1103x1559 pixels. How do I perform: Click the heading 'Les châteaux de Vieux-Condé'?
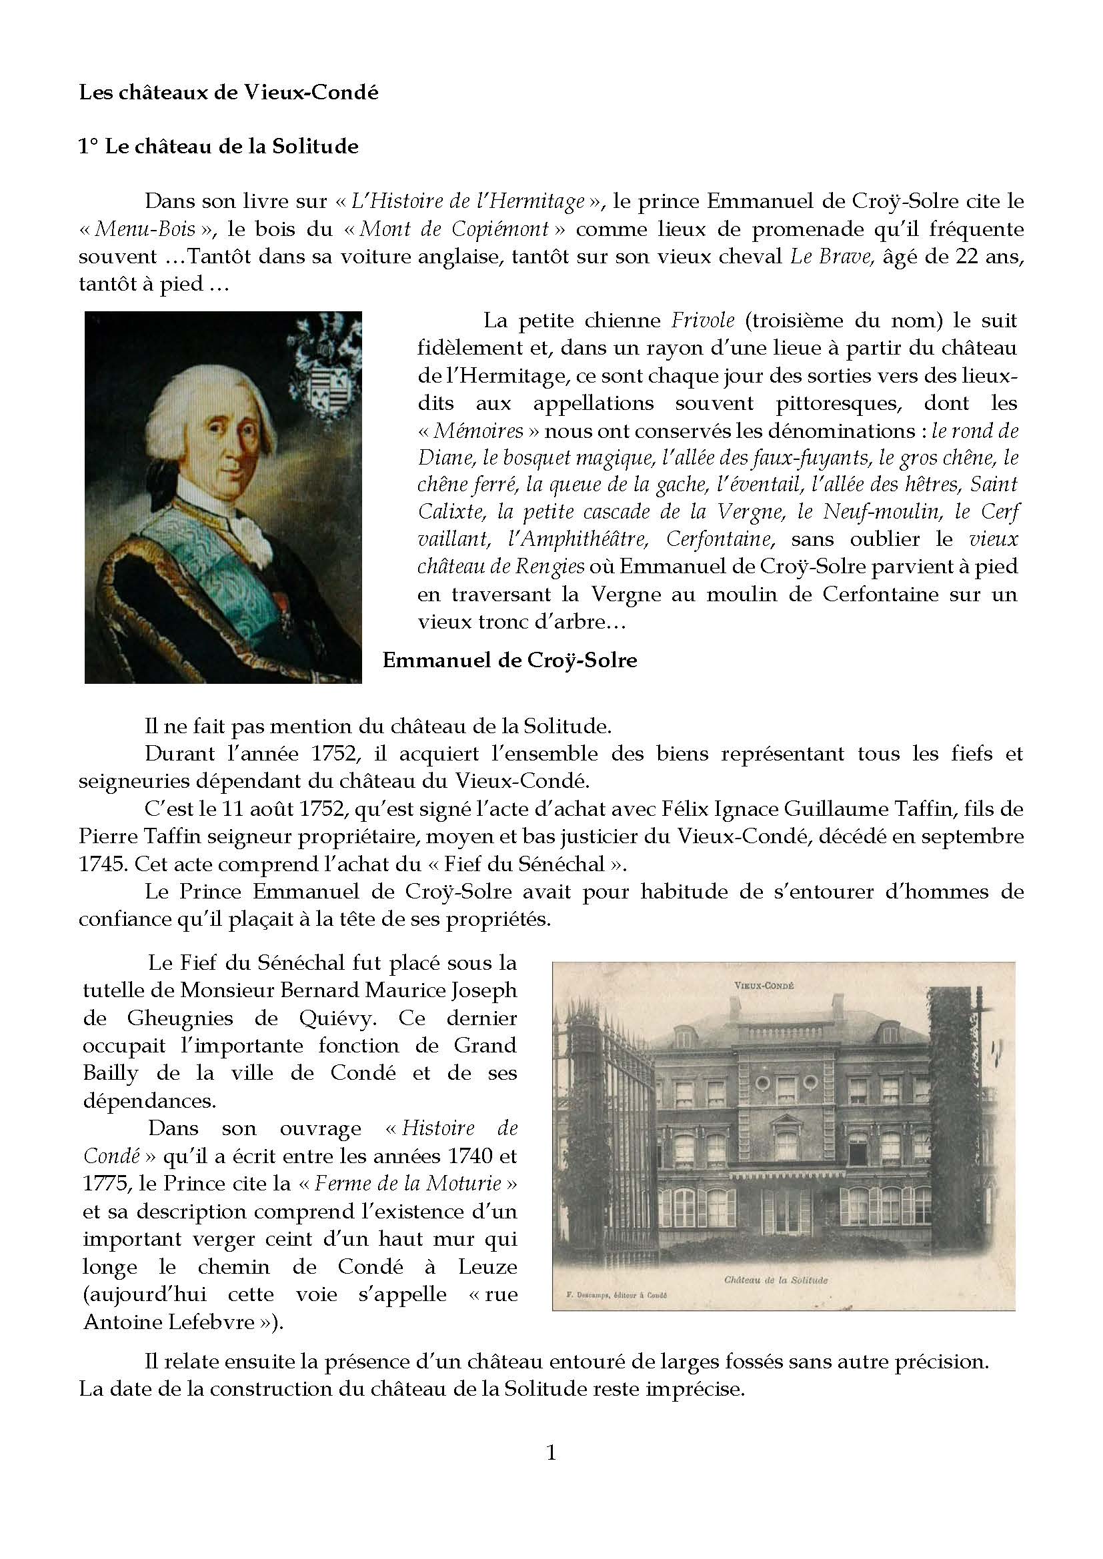point(228,93)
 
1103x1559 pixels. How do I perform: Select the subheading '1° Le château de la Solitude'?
point(218,147)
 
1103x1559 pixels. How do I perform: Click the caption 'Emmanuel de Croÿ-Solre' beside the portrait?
point(509,660)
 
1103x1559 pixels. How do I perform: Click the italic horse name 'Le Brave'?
point(832,257)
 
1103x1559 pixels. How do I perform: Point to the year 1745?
point(103,864)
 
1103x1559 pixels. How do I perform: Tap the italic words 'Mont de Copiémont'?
point(453,229)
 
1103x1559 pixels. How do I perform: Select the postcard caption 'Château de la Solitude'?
point(776,1280)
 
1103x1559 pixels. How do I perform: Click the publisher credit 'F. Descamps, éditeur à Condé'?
point(617,1295)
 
